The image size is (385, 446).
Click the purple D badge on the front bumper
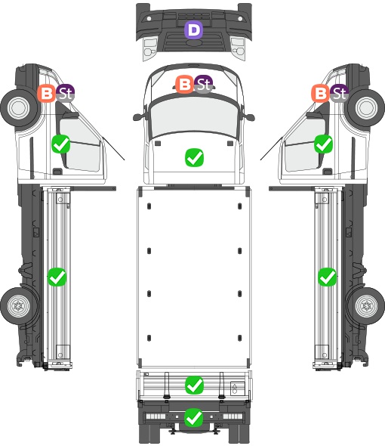194,29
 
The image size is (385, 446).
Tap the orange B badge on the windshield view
185,84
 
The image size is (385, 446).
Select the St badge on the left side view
65,93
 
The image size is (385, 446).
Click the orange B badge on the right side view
321,93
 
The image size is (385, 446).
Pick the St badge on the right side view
339,93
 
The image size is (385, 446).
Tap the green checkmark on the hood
194,157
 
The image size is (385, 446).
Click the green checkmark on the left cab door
61,144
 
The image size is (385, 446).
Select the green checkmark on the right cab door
324,144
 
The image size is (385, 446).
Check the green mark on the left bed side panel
57,277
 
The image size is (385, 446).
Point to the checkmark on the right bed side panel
328,277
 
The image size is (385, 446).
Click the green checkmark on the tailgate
194,386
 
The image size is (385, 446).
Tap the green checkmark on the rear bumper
194,417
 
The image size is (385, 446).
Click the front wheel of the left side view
19,108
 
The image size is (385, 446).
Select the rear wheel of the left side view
19,306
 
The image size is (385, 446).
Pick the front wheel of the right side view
366,108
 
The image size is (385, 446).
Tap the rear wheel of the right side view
366,306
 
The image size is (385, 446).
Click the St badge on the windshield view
203,84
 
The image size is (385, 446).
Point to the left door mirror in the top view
139,116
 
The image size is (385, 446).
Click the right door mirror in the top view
248,116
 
